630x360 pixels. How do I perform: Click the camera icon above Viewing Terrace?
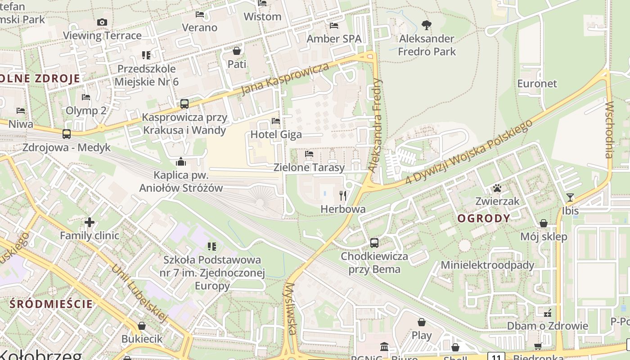[x=102, y=22]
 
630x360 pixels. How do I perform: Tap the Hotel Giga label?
[x=276, y=135]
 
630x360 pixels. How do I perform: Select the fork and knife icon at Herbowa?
[x=343, y=195]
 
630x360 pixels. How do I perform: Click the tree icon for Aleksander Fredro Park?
[x=426, y=25]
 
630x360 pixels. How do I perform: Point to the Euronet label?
[x=537, y=84]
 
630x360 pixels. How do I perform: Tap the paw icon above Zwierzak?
[x=497, y=188]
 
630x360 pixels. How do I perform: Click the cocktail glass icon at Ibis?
[x=570, y=198]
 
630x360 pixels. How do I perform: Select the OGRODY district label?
[x=484, y=219]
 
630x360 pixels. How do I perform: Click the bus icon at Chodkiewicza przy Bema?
[x=374, y=243]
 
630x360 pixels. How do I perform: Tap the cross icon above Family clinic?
[x=90, y=222]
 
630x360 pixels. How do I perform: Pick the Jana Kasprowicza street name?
[x=285, y=79]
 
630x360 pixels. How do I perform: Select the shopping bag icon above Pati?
[x=237, y=51]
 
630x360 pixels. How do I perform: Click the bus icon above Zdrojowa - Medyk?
[x=67, y=134]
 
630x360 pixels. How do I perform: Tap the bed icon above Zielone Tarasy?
[x=309, y=154]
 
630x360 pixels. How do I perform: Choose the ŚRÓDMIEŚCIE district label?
[x=51, y=304]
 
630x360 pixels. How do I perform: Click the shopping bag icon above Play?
[x=422, y=322]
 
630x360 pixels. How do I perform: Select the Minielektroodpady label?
[x=487, y=265]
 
